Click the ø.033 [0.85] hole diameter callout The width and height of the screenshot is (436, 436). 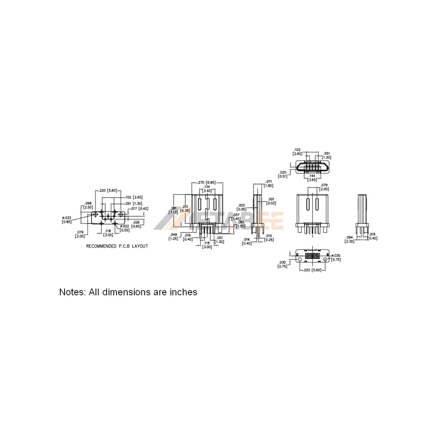point(67,219)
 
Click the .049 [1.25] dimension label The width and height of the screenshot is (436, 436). point(174,237)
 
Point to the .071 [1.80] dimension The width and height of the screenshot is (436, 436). point(269,184)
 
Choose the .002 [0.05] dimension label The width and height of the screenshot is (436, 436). point(242,207)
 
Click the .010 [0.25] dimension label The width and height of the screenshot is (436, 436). point(269,238)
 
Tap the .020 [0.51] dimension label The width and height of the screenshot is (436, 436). point(283,174)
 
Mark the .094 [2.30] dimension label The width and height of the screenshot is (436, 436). point(349,239)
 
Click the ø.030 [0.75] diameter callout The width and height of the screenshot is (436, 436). point(335,258)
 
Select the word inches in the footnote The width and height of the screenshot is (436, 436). point(183,292)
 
